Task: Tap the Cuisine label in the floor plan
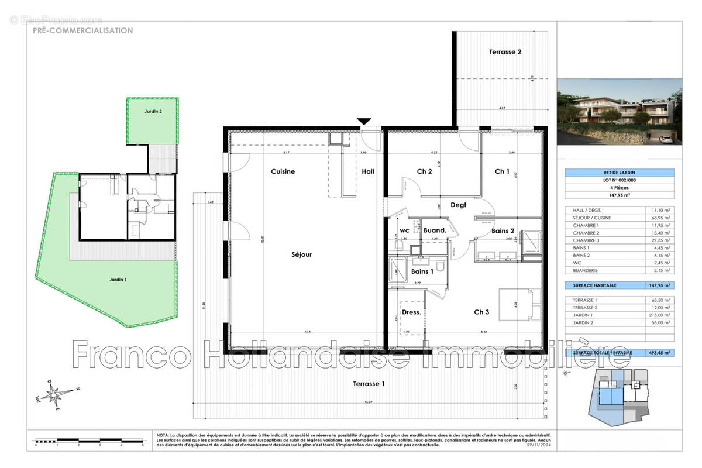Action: coord(283,171)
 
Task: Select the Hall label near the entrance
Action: coord(368,171)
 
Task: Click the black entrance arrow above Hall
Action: coord(364,121)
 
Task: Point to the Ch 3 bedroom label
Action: coord(481,312)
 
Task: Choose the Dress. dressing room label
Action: coord(412,312)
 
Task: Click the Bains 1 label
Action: coord(422,271)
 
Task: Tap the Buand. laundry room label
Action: coord(435,230)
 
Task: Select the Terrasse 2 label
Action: coord(505,52)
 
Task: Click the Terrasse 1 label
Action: coord(369,384)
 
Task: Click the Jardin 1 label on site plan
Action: coord(118,280)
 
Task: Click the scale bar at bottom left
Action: coord(89,439)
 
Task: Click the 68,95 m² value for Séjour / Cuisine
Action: coord(659,217)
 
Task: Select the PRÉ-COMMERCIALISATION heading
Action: coord(82,30)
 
